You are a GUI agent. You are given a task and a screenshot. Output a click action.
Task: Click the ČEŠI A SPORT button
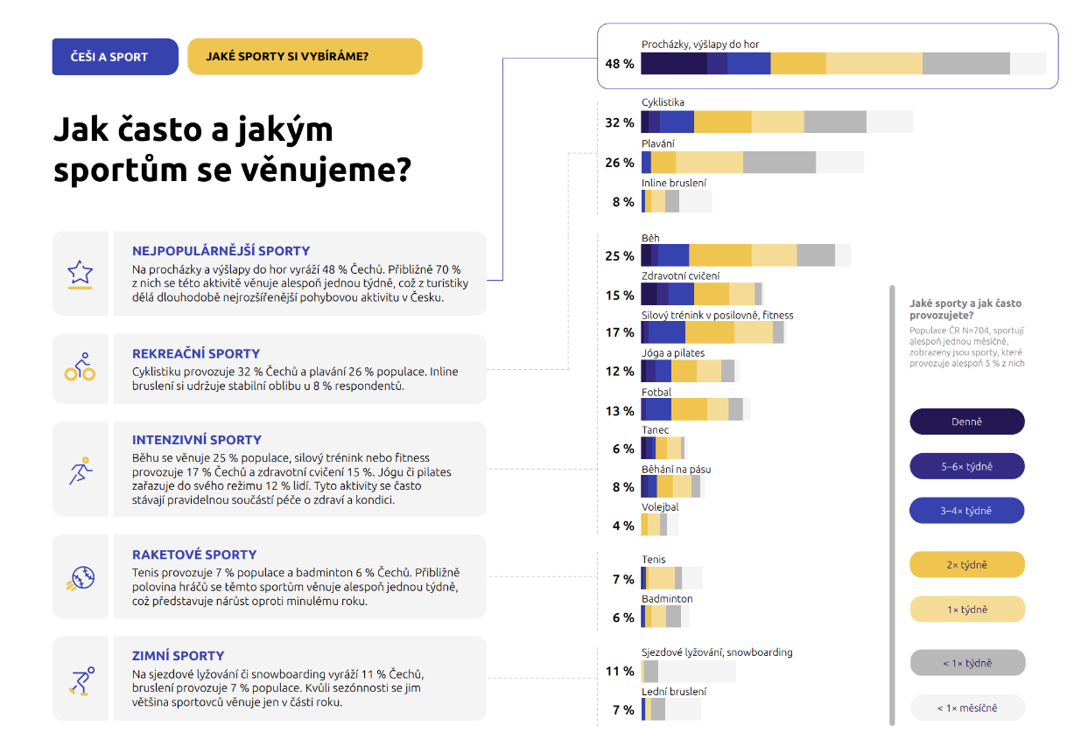pyautogui.click(x=115, y=57)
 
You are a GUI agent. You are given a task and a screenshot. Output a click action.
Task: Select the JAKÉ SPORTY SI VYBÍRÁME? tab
pyautogui.click(x=305, y=57)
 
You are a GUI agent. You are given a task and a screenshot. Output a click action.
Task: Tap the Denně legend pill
pyautogui.click(x=966, y=422)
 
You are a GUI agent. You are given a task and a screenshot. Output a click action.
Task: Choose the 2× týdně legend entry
pyautogui.click(x=966, y=565)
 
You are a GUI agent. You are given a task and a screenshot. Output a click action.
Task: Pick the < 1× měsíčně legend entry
pyautogui.click(x=966, y=708)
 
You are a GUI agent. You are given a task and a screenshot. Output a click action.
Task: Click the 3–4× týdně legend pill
pyautogui.click(x=966, y=511)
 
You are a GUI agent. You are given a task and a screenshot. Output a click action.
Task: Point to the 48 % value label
pyautogui.click(x=619, y=64)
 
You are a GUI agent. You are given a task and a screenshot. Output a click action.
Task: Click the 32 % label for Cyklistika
pyautogui.click(x=619, y=122)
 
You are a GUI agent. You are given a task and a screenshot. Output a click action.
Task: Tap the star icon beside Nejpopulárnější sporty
pyautogui.click(x=81, y=273)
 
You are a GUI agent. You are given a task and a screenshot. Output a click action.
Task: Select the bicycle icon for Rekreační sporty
pyautogui.click(x=81, y=368)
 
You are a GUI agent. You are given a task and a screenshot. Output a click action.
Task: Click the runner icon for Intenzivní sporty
pyautogui.click(x=81, y=470)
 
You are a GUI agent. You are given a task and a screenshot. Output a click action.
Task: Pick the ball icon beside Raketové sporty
pyautogui.click(x=81, y=577)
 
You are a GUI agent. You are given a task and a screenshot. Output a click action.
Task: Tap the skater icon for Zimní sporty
pyautogui.click(x=81, y=679)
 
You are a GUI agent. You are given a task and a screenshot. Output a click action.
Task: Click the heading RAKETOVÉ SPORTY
pyautogui.click(x=194, y=554)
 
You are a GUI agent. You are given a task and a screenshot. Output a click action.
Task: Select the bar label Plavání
pyautogui.click(x=658, y=143)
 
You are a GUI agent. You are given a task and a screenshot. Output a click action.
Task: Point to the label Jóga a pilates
pyautogui.click(x=673, y=353)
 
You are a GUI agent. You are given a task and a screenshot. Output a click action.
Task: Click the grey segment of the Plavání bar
pyautogui.click(x=779, y=163)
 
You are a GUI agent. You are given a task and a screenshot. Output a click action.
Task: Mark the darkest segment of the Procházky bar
pyautogui.click(x=673, y=64)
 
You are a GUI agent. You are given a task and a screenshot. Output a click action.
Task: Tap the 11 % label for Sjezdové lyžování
pyautogui.click(x=619, y=672)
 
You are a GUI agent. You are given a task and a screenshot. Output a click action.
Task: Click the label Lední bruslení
pyautogui.click(x=674, y=692)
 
